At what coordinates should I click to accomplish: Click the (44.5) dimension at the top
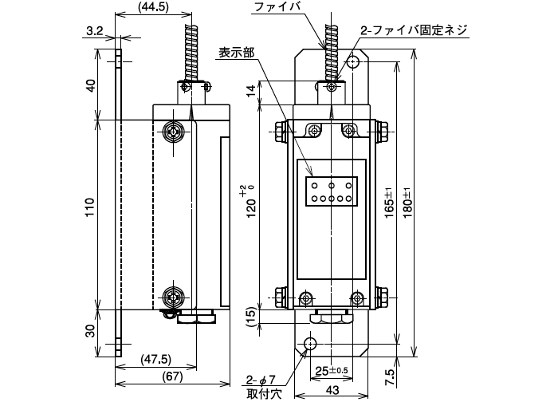pos(154,7)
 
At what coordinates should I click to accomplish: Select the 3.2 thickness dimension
pos(94,31)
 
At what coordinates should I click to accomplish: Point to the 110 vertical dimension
pos(90,207)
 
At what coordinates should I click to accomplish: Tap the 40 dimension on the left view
pos(92,86)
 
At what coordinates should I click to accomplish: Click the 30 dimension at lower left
pos(92,331)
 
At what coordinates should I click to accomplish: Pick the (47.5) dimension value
pos(155,359)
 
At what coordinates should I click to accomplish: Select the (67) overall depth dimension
pos(172,376)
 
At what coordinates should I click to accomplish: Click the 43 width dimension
pos(332,390)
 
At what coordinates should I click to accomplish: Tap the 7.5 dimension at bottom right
pos(390,376)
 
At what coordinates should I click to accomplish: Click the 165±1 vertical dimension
pos(389,203)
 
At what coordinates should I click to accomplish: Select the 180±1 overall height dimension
pos(407,203)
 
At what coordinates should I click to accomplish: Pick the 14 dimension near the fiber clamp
pos(252,91)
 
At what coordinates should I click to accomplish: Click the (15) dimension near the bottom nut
pos(252,317)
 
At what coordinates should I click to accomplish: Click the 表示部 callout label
pos(236,53)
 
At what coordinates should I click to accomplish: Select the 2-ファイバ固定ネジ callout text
pos(413,30)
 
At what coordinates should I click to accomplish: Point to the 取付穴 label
pos(264,394)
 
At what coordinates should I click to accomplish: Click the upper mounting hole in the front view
pos(353,62)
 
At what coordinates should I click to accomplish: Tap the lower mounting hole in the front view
pos(310,344)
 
